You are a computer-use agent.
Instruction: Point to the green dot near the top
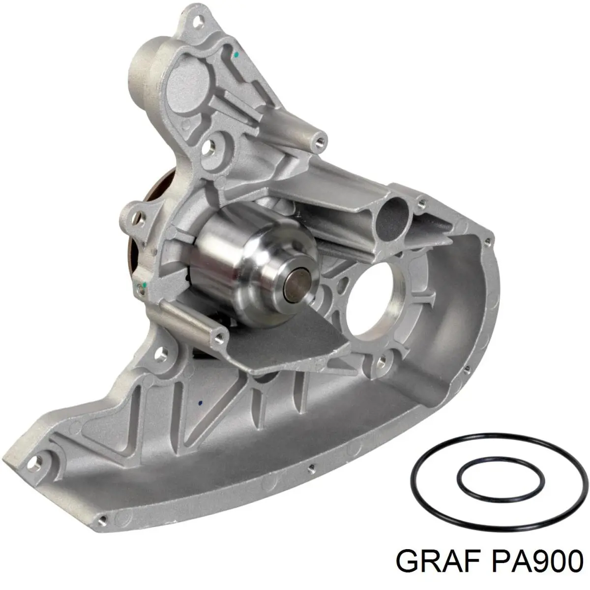pyautogui.click(x=236, y=55)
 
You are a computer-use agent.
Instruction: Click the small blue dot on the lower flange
pyautogui.click(x=200, y=403)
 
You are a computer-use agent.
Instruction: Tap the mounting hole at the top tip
pyautogui.click(x=199, y=21)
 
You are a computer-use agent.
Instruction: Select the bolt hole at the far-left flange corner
pyautogui.click(x=34, y=466)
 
